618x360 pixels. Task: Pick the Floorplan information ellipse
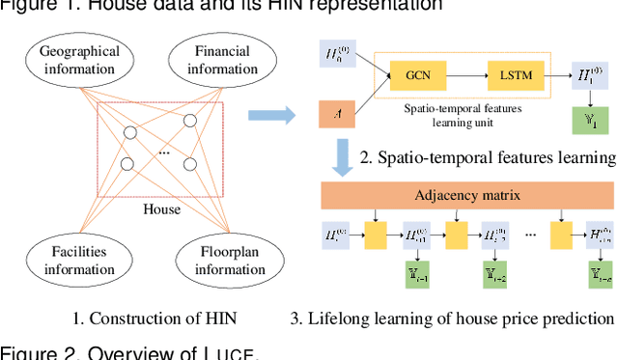[215, 259]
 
